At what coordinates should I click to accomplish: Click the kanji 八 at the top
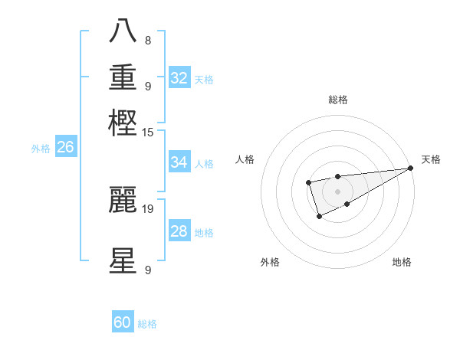(123, 31)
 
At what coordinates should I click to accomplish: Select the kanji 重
(123, 77)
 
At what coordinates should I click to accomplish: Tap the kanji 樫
(123, 123)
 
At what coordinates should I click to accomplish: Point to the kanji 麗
(123, 200)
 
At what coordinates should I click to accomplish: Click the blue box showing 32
(179, 78)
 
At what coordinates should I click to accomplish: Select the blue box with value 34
(179, 162)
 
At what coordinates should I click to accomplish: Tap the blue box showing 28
(179, 231)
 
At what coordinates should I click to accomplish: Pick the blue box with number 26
(66, 147)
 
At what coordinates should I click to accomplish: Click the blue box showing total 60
(123, 322)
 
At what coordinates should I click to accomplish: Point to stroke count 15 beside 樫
(148, 133)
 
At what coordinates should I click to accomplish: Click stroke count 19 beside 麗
(148, 208)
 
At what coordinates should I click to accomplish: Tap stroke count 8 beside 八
(148, 40)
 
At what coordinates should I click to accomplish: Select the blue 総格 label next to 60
(147, 324)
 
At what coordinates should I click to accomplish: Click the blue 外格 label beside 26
(41, 149)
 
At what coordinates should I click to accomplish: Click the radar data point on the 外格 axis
(319, 218)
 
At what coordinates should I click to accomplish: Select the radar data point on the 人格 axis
(308, 182)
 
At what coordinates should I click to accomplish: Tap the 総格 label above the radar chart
(337, 100)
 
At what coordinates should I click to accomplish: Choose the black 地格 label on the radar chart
(402, 263)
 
